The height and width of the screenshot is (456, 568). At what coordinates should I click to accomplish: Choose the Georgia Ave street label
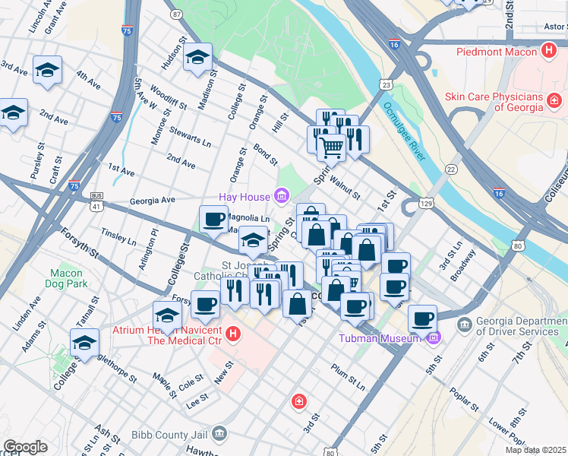coord(152,200)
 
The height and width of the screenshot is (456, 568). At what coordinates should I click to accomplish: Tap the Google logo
coord(25,447)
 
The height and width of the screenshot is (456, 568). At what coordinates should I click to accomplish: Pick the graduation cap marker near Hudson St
coord(197,57)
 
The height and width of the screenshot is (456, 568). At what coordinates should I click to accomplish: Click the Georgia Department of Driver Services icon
coord(464,325)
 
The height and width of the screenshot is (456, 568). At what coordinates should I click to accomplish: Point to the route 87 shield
coord(177,14)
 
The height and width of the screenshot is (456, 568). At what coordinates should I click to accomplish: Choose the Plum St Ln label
coord(349,377)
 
